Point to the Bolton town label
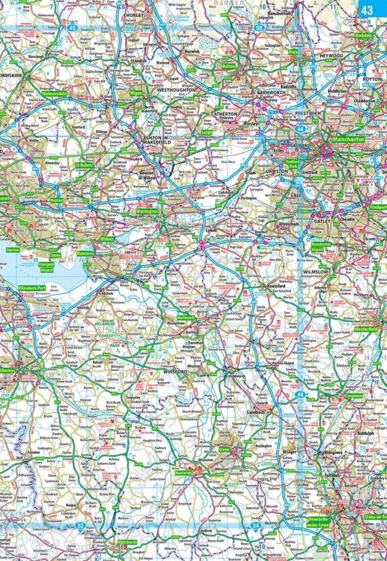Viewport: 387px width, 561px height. tap(228, 66)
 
